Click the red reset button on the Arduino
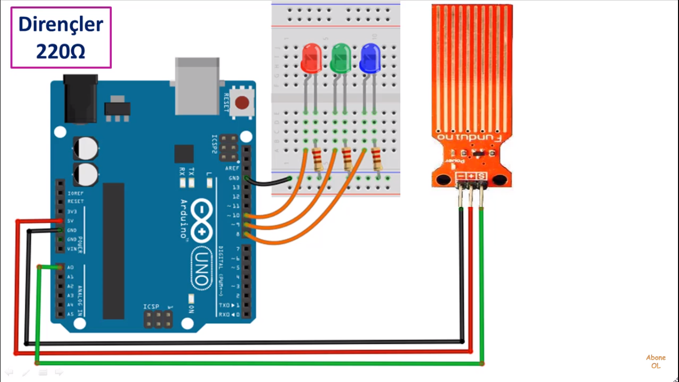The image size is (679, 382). [242, 103]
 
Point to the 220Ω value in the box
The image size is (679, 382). [61, 51]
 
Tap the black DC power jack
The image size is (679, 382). [80, 99]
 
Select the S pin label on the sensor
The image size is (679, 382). [482, 176]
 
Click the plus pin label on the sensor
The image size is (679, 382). [471, 176]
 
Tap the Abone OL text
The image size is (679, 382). [656, 362]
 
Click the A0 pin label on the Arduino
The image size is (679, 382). [71, 267]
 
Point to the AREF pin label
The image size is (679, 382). [233, 169]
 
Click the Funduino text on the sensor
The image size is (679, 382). [470, 136]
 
